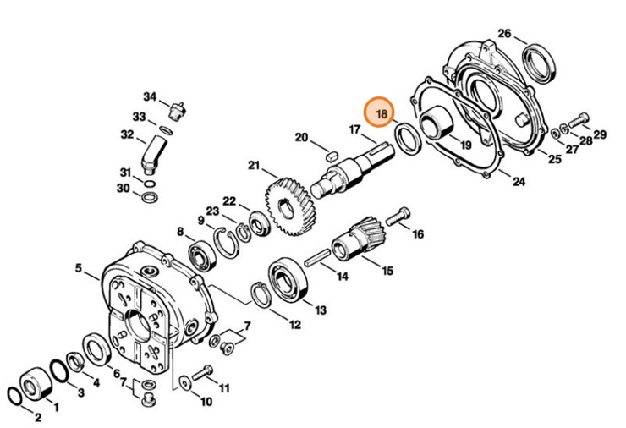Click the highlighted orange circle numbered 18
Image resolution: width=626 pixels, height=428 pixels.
pyautogui.click(x=381, y=112)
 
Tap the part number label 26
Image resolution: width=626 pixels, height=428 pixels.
pyautogui.click(x=504, y=33)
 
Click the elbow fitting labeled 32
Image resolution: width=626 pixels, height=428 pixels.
pyautogui.click(x=153, y=154)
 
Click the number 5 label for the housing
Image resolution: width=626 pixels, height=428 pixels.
pyautogui.click(x=79, y=269)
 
